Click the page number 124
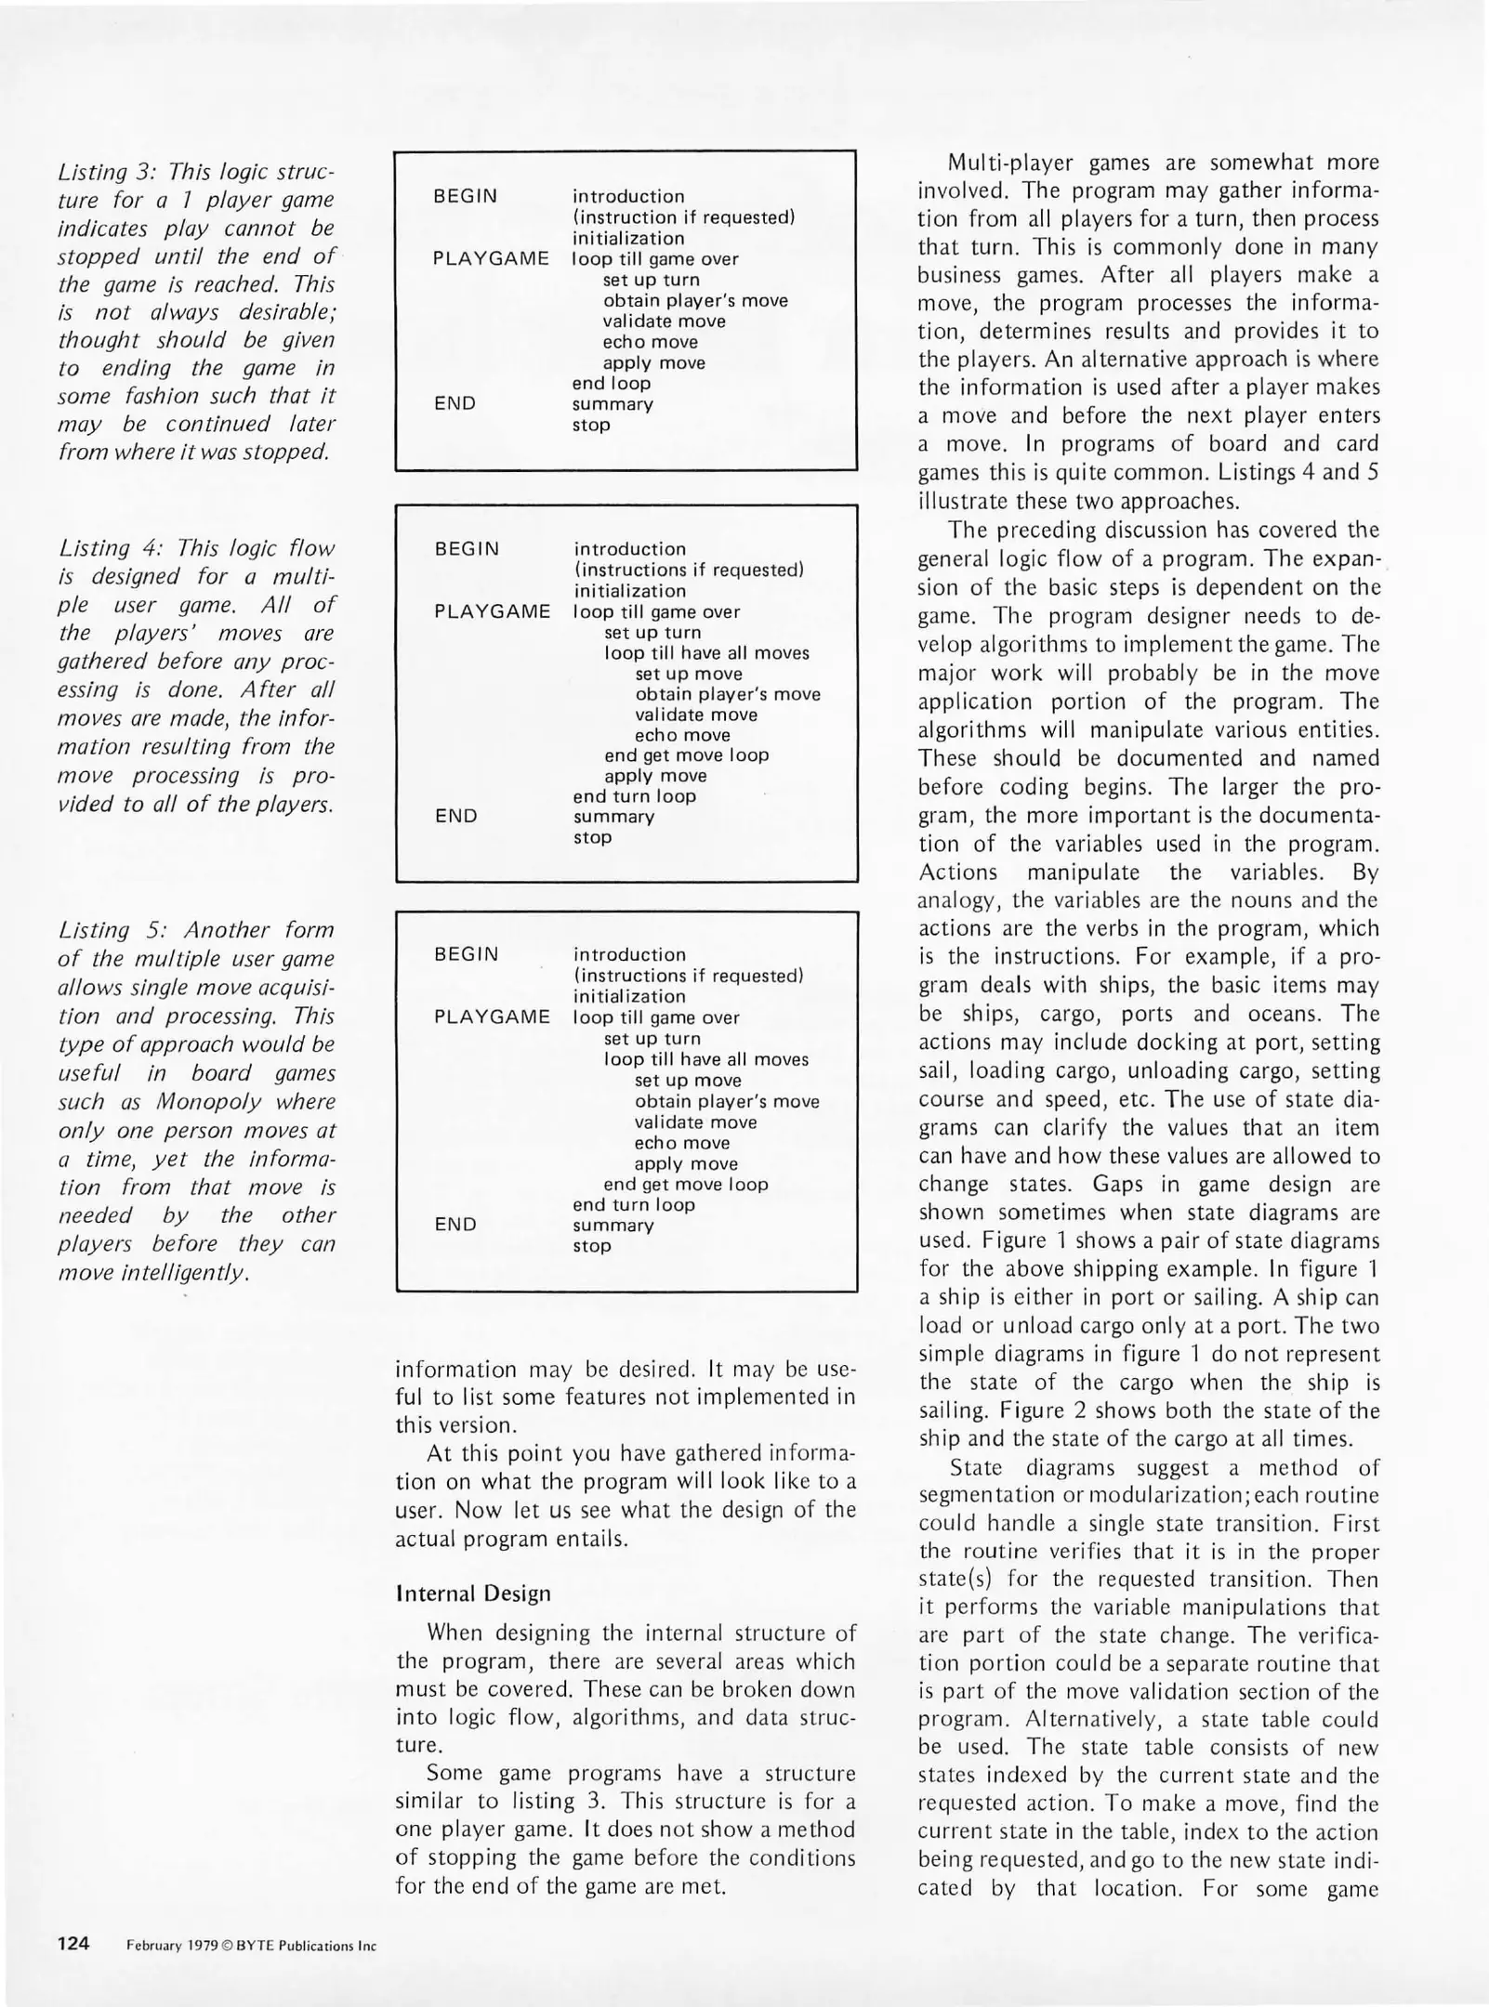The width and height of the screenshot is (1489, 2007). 73,1943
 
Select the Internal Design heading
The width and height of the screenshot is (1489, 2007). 473,1594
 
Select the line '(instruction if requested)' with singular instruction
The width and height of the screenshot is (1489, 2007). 683,217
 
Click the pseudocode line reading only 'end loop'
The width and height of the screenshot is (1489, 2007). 611,383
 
